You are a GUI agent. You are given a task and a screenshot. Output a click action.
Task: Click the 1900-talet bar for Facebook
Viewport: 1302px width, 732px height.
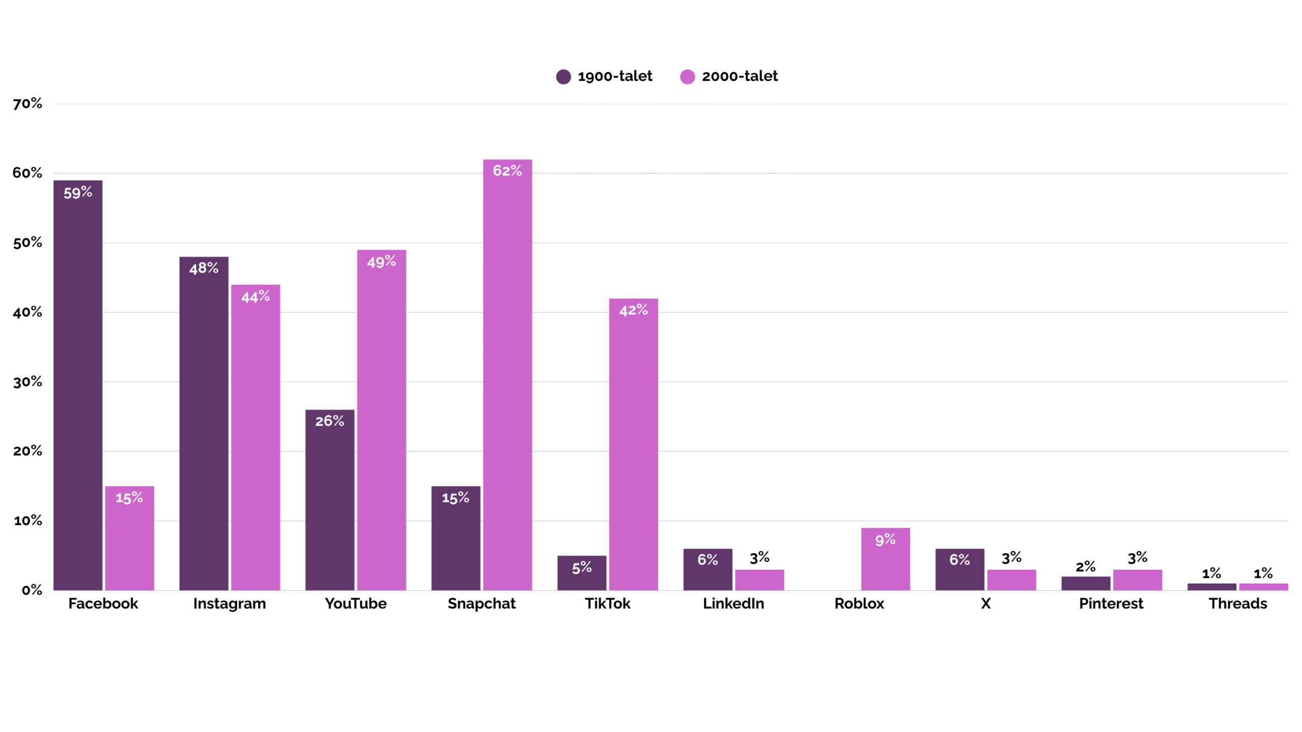click(78, 386)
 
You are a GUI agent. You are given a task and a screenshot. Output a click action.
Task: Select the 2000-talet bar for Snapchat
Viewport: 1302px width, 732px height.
click(507, 376)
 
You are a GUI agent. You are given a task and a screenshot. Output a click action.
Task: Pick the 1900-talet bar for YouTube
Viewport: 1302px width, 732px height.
click(330, 501)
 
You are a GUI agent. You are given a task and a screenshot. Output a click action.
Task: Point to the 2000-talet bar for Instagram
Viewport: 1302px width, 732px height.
click(255, 437)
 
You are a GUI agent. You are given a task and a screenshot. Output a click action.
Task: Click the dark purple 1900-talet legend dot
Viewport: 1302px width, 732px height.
click(563, 77)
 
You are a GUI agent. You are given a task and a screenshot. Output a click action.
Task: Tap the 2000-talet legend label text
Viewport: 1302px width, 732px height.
click(739, 76)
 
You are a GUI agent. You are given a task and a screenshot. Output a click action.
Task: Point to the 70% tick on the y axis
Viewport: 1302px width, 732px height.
click(27, 104)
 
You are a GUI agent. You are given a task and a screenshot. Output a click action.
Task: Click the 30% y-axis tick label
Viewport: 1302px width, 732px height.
click(27, 382)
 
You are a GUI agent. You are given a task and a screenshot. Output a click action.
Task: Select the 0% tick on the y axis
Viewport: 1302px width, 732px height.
click(32, 590)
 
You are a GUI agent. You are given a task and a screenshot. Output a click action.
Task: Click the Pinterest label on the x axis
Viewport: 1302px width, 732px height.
click(1111, 603)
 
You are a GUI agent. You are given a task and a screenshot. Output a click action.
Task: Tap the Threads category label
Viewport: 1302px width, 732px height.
click(1237, 603)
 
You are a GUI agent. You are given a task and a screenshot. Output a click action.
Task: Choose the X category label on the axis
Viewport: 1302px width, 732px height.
click(986, 603)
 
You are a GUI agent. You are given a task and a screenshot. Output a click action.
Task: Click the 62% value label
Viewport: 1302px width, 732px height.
click(507, 171)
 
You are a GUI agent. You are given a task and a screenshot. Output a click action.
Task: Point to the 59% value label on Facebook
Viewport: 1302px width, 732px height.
click(78, 193)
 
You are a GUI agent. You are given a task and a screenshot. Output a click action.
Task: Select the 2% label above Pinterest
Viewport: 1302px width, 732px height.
click(1085, 566)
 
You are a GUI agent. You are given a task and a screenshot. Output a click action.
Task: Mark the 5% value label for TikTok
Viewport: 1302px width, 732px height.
click(582, 568)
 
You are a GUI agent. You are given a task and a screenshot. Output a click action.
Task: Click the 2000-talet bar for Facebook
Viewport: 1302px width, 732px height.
click(129, 544)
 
